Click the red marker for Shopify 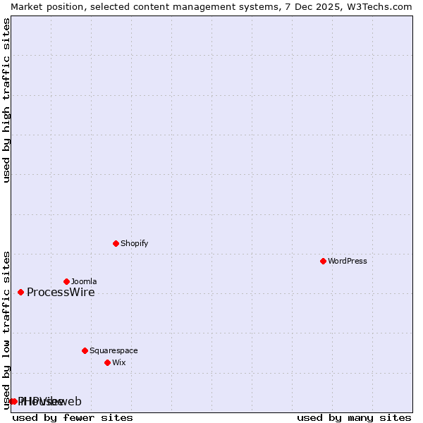116,243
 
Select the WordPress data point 323,261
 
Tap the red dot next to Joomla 66,281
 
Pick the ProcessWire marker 20,292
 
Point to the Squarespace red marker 85,350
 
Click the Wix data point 107,362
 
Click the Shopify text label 134,243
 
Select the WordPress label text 347,261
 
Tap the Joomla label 84,281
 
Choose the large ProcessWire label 61,293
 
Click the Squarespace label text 114,350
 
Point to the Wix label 119,362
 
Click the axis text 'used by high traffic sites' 6,100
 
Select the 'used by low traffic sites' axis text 6,329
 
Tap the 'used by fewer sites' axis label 73,417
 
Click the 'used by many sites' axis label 354,417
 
